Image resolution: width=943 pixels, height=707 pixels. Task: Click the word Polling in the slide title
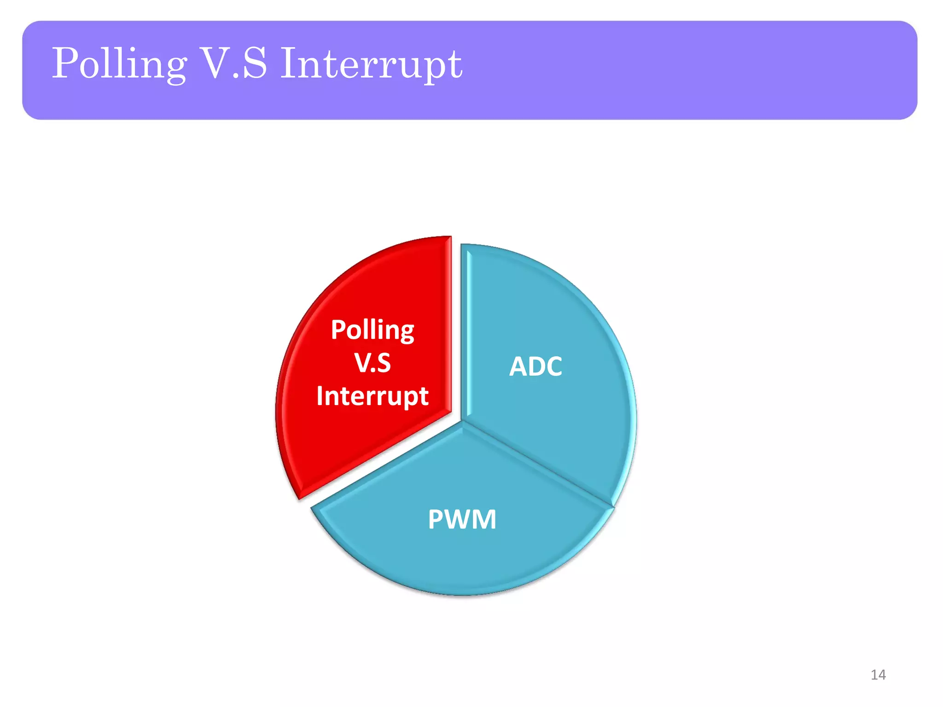119,64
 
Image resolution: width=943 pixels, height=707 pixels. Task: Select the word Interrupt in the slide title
371,64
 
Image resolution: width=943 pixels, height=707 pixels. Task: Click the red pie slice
368,442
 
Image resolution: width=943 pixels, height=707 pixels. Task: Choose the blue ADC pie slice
553,423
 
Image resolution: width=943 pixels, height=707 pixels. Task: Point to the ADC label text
536,367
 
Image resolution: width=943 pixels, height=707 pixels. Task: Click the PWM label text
462,520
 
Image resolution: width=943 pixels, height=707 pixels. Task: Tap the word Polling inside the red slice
373,330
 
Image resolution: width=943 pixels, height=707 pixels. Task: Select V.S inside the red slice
373,363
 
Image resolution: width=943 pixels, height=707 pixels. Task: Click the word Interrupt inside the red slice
373,396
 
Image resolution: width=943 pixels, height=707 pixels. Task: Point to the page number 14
878,675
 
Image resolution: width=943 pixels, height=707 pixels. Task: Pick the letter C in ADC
553,367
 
